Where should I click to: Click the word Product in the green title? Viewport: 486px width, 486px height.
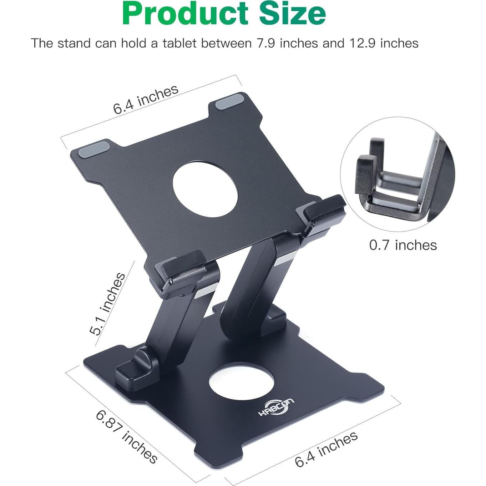pos(185,14)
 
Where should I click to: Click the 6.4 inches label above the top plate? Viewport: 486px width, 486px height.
pos(146,100)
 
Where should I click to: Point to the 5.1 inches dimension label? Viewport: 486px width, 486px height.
pos(107,304)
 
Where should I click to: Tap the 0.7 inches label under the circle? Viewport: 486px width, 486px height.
pos(403,245)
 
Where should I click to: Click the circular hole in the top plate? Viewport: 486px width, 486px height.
pos(205,188)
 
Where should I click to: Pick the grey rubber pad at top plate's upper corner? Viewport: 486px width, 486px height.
pos(229,101)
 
